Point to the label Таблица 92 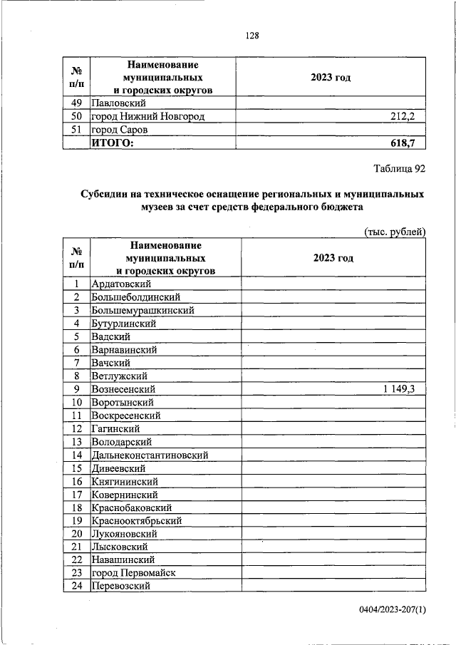coord(400,169)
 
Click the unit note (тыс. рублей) coord(395,231)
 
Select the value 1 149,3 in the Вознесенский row coord(403,389)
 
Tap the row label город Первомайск coord(133,572)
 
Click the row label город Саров coord(118,129)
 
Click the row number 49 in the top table coord(77,103)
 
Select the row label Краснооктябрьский coord(136,520)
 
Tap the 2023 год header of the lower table coord(333,258)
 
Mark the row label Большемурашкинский coord(142,311)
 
